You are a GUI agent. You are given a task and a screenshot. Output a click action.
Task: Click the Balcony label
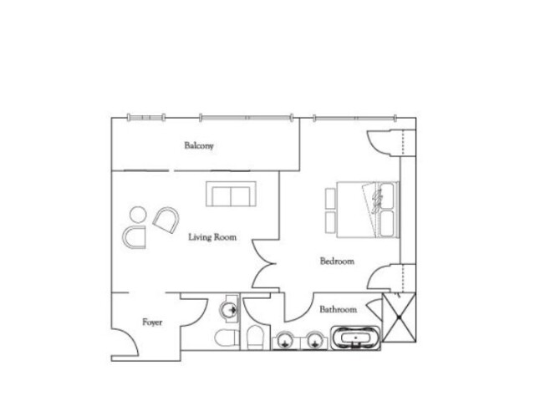pyautogui.click(x=199, y=145)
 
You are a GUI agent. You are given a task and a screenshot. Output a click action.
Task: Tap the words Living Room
pyautogui.click(x=212, y=237)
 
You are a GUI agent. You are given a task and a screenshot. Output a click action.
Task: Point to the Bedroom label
pyautogui.click(x=337, y=261)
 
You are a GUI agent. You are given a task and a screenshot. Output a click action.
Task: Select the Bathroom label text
pyautogui.click(x=338, y=309)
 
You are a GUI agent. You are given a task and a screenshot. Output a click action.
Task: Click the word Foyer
pyautogui.click(x=152, y=322)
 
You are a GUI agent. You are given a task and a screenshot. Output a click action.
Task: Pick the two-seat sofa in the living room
pyautogui.click(x=231, y=194)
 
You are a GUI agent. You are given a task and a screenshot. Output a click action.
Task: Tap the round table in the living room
pyautogui.click(x=138, y=215)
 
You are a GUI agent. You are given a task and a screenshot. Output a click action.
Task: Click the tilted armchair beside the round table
pyautogui.click(x=166, y=220)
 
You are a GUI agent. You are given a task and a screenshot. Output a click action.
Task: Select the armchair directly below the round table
pyautogui.click(x=134, y=237)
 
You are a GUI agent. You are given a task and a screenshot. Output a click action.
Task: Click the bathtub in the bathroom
pyautogui.click(x=355, y=338)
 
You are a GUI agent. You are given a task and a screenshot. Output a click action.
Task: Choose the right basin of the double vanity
pyautogui.click(x=314, y=341)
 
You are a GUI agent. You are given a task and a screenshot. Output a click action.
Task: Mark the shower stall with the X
pyautogui.click(x=399, y=317)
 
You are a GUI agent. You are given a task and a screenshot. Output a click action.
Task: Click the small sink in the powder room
pyautogui.click(x=229, y=309)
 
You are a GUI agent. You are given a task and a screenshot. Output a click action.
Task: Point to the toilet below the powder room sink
pyautogui.click(x=227, y=338)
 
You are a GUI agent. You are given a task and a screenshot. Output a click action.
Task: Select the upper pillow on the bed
pyautogui.click(x=387, y=194)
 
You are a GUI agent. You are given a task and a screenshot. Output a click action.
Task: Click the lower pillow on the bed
pyautogui.click(x=387, y=223)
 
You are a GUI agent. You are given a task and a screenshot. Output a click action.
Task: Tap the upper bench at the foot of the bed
pyautogui.click(x=330, y=198)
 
